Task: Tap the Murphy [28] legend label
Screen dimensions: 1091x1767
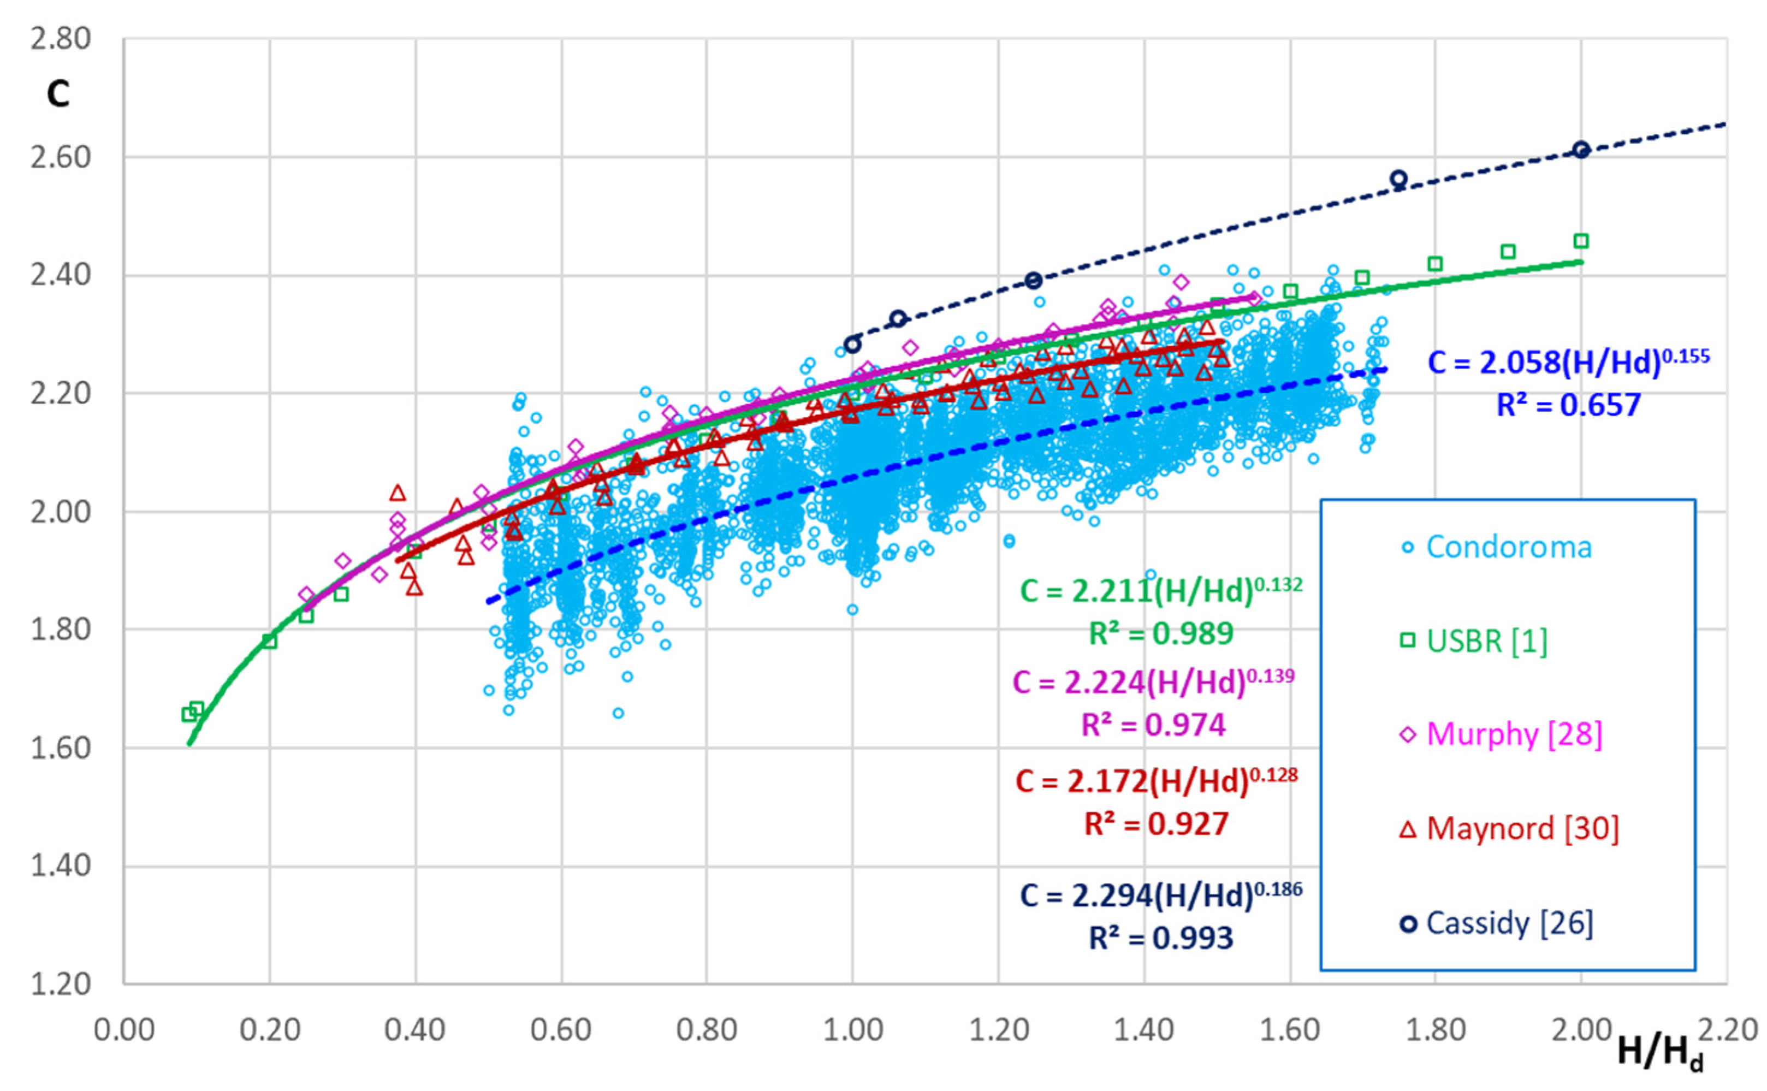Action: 1513,734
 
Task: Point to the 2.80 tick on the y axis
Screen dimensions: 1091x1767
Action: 61,39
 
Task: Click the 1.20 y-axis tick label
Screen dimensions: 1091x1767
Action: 61,983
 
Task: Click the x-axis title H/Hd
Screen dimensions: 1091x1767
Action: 1659,1052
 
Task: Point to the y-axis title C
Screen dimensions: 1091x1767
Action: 58,94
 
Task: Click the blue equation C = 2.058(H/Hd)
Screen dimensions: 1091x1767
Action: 1567,361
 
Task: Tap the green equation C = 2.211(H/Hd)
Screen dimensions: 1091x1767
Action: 1160,591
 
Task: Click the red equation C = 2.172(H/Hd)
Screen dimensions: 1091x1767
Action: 1156,781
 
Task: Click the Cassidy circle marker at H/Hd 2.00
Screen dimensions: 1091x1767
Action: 1581,150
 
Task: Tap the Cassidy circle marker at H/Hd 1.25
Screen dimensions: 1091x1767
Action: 1033,281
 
